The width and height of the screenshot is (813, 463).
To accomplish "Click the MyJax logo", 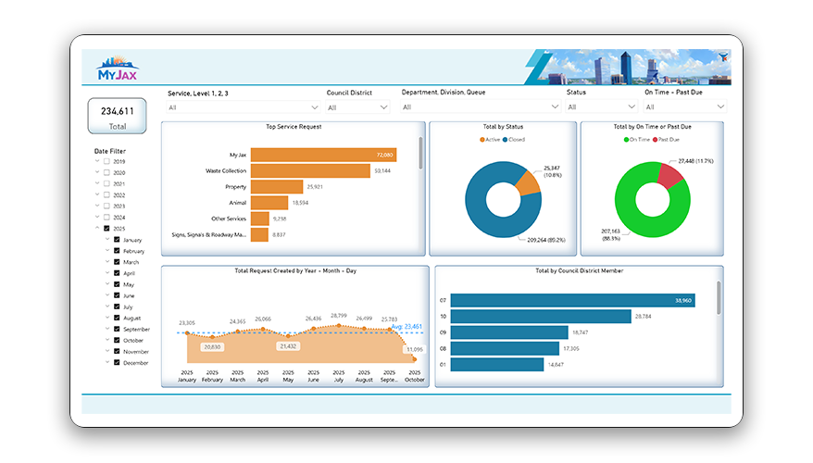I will pyautogui.click(x=118, y=69).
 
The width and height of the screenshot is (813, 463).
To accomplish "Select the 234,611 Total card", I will pyautogui.click(x=117, y=117).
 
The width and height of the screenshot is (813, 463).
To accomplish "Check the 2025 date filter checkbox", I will pyautogui.click(x=107, y=229).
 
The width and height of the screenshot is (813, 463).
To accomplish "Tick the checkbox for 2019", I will pyautogui.click(x=107, y=162).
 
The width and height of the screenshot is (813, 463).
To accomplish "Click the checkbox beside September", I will pyautogui.click(x=117, y=329).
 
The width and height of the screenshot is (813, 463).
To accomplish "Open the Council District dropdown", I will pyautogui.click(x=357, y=107).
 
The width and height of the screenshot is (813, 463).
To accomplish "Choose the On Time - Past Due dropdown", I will pyautogui.click(x=684, y=107).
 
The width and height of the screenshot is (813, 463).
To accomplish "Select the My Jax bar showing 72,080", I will pyautogui.click(x=323, y=155).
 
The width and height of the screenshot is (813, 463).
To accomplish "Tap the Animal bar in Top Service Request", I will pyautogui.click(x=269, y=202).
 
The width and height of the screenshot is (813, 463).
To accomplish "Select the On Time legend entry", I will pyautogui.click(x=636, y=140).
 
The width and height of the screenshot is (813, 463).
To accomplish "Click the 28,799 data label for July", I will pyautogui.click(x=339, y=316).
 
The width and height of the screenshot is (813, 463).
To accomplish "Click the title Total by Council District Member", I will pyautogui.click(x=580, y=270).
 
